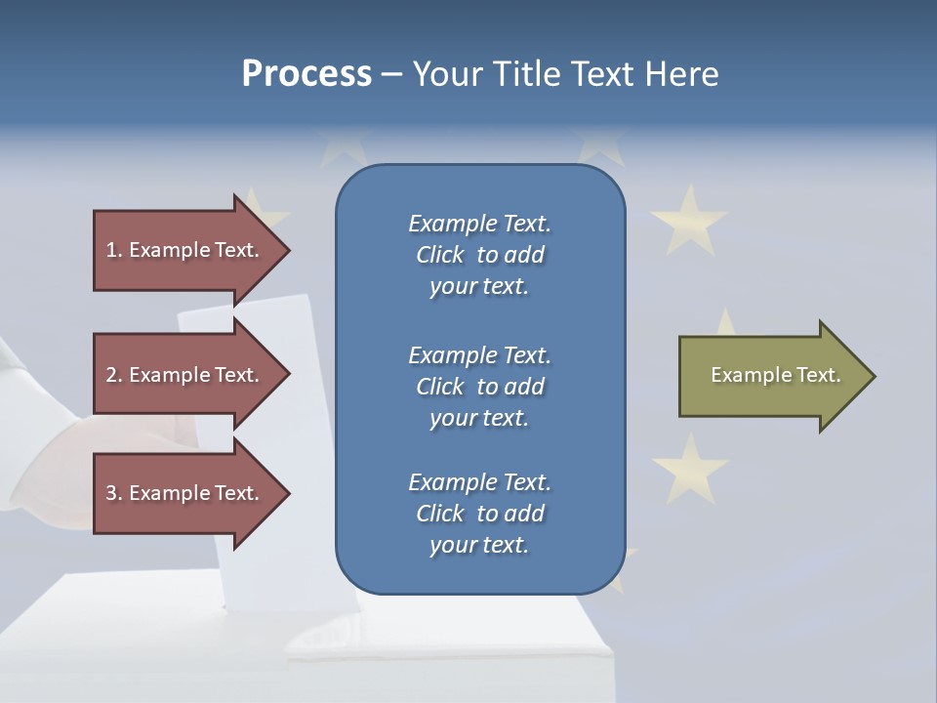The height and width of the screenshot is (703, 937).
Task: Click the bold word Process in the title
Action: pyautogui.click(x=306, y=74)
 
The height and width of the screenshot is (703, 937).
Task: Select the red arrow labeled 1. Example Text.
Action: pyautogui.click(x=185, y=250)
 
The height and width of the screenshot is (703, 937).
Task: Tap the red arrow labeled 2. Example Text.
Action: pyautogui.click(x=185, y=375)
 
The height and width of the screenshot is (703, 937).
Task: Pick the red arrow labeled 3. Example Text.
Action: pyautogui.click(x=185, y=493)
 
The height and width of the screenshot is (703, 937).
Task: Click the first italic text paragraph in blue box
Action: pyautogui.click(x=479, y=255)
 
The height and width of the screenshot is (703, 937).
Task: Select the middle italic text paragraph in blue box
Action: pyautogui.click(x=479, y=387)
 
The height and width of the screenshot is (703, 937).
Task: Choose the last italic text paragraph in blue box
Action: pyautogui.click(x=479, y=514)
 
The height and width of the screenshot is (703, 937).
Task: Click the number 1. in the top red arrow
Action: pyautogui.click(x=114, y=250)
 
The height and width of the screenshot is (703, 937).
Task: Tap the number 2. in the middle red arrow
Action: pyautogui.click(x=114, y=375)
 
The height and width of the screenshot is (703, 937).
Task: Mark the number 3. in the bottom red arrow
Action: pyautogui.click(x=114, y=493)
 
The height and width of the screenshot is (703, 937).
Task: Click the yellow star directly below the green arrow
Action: pyautogui.click(x=690, y=467)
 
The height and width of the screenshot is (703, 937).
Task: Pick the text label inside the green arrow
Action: pyautogui.click(x=775, y=375)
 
